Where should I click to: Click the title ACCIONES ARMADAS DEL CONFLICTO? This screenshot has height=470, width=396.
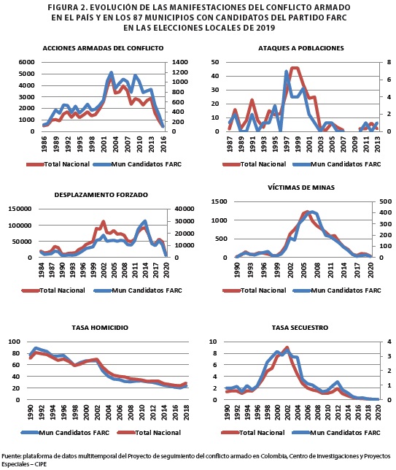point(103,48)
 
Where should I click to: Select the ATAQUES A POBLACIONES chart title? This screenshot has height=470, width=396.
point(301,48)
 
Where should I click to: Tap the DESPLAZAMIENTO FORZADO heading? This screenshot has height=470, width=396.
point(101,195)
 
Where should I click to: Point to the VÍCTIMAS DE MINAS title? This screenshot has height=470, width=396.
point(301,188)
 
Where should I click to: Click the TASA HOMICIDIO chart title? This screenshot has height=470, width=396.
point(100,328)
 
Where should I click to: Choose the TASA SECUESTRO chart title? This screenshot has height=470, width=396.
point(300,328)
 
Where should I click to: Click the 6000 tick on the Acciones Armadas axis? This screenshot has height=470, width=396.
point(27,62)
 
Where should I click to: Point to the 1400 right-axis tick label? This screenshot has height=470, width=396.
point(180,62)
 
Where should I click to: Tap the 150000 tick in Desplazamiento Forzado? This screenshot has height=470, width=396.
point(20,209)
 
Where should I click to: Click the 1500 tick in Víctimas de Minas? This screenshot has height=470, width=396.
point(220,201)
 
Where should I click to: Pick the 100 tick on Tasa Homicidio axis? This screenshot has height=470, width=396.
point(15,342)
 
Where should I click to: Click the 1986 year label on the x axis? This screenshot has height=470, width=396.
point(44,145)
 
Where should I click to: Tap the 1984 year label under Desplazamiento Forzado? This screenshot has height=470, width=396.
point(42,270)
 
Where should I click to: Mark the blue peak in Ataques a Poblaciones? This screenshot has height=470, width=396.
point(286,72)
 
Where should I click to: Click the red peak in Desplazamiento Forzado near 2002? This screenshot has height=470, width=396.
point(104,222)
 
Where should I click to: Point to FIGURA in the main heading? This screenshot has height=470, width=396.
point(61,7)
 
